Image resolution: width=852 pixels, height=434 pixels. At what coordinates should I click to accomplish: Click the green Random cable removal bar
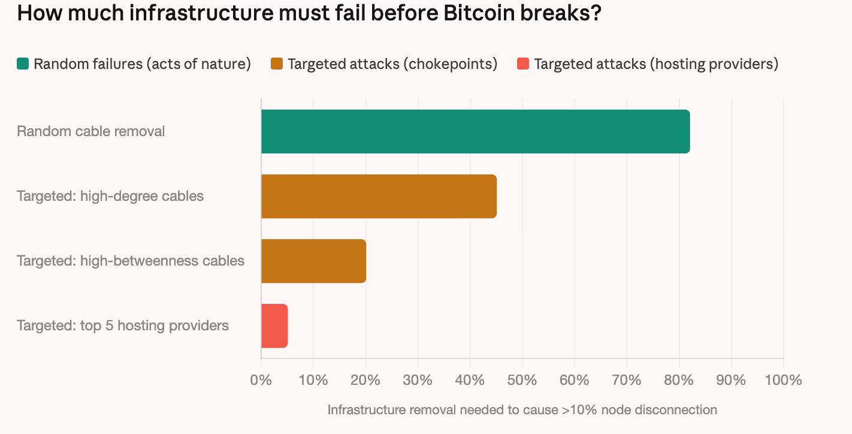pyautogui.click(x=475, y=131)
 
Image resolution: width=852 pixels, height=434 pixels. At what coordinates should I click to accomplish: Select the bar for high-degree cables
pyautogui.click(x=379, y=196)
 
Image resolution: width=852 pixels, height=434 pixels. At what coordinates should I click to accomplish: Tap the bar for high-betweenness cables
pyautogui.click(x=313, y=261)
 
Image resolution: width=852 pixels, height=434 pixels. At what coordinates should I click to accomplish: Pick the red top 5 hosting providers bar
pyautogui.click(x=274, y=325)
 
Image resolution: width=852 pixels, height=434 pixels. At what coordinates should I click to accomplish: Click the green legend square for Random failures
pyautogui.click(x=23, y=64)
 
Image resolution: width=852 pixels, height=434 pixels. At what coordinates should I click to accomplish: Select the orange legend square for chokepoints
pyautogui.click(x=277, y=64)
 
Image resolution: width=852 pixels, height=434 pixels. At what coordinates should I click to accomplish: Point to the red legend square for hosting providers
pyautogui.click(x=522, y=64)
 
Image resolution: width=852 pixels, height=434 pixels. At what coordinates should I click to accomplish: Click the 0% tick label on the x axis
pyautogui.click(x=261, y=380)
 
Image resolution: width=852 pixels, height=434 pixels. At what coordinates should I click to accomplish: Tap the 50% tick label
pyautogui.click(x=522, y=380)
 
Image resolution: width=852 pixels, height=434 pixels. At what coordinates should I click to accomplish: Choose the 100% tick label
pyautogui.click(x=783, y=380)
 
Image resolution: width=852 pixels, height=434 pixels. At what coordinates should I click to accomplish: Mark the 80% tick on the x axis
pyautogui.click(x=679, y=380)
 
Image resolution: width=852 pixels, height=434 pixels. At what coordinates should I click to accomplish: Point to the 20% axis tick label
pyautogui.click(x=365, y=380)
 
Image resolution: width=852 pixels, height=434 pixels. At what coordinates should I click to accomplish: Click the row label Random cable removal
pyautogui.click(x=91, y=131)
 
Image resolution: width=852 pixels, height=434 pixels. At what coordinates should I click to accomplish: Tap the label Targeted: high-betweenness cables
pyautogui.click(x=131, y=261)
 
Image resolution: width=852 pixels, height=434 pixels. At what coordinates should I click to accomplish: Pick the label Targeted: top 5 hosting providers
pyautogui.click(x=123, y=325)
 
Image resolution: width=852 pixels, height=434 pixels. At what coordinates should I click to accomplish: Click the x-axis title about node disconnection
pyautogui.click(x=522, y=410)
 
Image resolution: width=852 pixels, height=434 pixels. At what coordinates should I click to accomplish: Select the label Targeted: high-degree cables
pyautogui.click(x=110, y=196)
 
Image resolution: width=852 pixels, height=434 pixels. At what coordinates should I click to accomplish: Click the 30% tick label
pyautogui.click(x=418, y=380)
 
